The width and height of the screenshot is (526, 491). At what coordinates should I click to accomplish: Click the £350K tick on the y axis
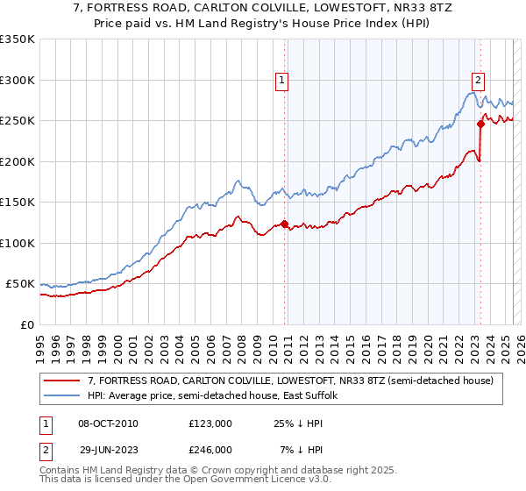(17, 39)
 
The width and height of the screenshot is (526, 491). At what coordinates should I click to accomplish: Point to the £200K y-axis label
(17, 161)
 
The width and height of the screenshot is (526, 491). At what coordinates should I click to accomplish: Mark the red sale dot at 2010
(284, 224)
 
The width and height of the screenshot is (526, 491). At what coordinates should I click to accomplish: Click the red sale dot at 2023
(481, 124)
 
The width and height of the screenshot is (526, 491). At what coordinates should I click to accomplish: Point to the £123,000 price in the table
(210, 423)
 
